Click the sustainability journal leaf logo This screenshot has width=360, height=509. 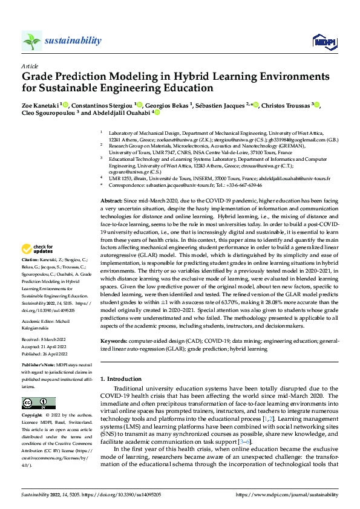pyautogui.click(x=31, y=41)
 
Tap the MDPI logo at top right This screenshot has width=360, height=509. pyautogui.click(x=322, y=41)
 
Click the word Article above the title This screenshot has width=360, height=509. pyautogui.click(x=29, y=65)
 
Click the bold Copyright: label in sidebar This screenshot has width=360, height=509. pyautogui.click(x=32, y=416)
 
